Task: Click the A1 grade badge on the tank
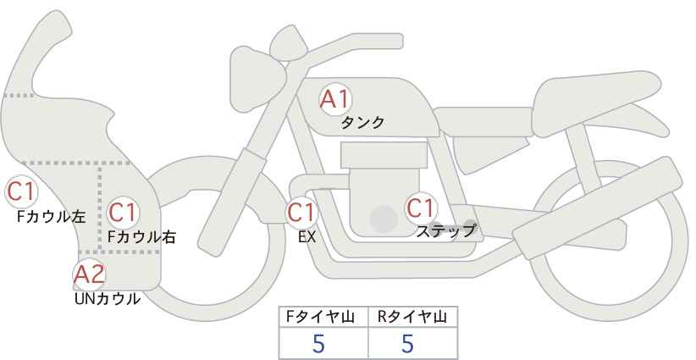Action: pyautogui.click(x=335, y=99)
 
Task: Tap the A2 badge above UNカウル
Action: pyautogui.click(x=89, y=274)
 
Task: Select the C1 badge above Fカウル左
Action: pyautogui.click(x=21, y=192)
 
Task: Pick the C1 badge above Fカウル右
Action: pyautogui.click(x=123, y=213)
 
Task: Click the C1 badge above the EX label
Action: pyautogui.click(x=301, y=212)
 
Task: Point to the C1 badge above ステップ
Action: pyautogui.click(x=421, y=208)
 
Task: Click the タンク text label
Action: pyautogui.click(x=362, y=123)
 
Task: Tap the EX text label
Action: pyautogui.click(x=307, y=237)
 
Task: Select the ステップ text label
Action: pyautogui.click(x=446, y=231)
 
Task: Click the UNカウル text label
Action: pyautogui.click(x=107, y=299)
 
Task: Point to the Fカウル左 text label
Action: pyautogui.click(x=51, y=216)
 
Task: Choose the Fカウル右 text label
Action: pyautogui.click(x=141, y=237)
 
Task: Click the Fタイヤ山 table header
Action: pyautogui.click(x=320, y=318)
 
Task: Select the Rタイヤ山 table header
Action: pyautogui.click(x=412, y=318)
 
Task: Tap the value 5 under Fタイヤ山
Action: pyautogui.click(x=318, y=343)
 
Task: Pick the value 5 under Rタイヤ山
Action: pyautogui.click(x=407, y=343)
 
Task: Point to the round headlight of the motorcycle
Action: pyautogui.click(x=257, y=80)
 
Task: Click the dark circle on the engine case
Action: pyautogui.click(x=384, y=219)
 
